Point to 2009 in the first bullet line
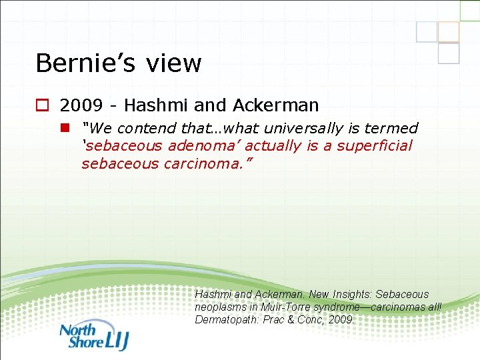(x=79, y=105)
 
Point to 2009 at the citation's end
(x=341, y=319)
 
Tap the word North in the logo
(x=77, y=329)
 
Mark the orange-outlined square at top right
(x=449, y=31)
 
